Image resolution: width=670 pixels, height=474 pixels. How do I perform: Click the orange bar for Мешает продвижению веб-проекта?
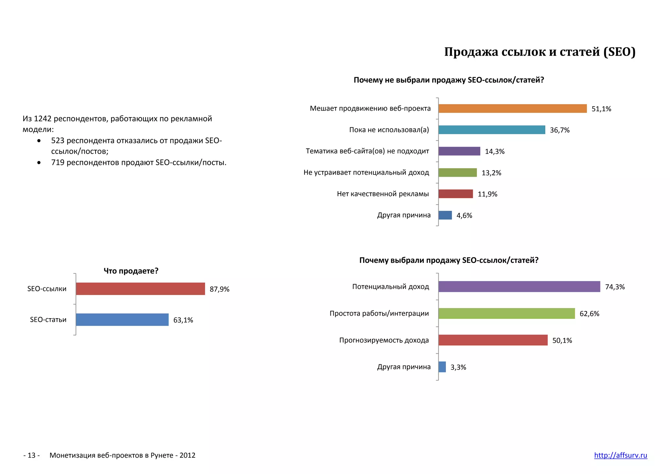[512, 109]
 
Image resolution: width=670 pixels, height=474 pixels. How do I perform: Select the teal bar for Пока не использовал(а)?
[492, 130]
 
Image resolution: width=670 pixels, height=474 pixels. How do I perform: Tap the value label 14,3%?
[494, 152]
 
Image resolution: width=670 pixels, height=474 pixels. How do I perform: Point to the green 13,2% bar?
[457, 173]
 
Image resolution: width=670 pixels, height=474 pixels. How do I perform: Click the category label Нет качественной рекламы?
[382, 194]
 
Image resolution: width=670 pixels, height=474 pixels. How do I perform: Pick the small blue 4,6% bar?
[445, 215]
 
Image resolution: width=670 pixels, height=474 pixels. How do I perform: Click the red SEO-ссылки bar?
[140, 289]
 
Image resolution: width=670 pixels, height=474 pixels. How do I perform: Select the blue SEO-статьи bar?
[122, 319]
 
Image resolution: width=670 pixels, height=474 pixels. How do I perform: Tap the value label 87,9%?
[219, 289]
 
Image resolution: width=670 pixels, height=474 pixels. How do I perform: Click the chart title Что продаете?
[131, 271]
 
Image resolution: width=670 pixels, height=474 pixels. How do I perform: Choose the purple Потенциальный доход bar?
[519, 287]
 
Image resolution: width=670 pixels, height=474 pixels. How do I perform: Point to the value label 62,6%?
[589, 314]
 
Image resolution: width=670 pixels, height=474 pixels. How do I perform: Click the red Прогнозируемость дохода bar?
[493, 340]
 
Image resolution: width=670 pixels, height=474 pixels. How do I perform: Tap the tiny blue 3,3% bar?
[442, 367]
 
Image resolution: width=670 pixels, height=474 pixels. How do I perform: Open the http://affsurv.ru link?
[620, 455]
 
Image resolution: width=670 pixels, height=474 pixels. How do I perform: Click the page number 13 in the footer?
[31, 455]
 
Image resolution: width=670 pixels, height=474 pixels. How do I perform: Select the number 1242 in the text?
[43, 119]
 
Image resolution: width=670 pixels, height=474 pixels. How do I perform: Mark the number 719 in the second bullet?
[58, 163]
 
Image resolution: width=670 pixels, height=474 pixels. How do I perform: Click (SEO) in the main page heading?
[619, 52]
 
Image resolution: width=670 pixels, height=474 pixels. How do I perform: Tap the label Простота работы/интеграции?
[379, 314]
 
